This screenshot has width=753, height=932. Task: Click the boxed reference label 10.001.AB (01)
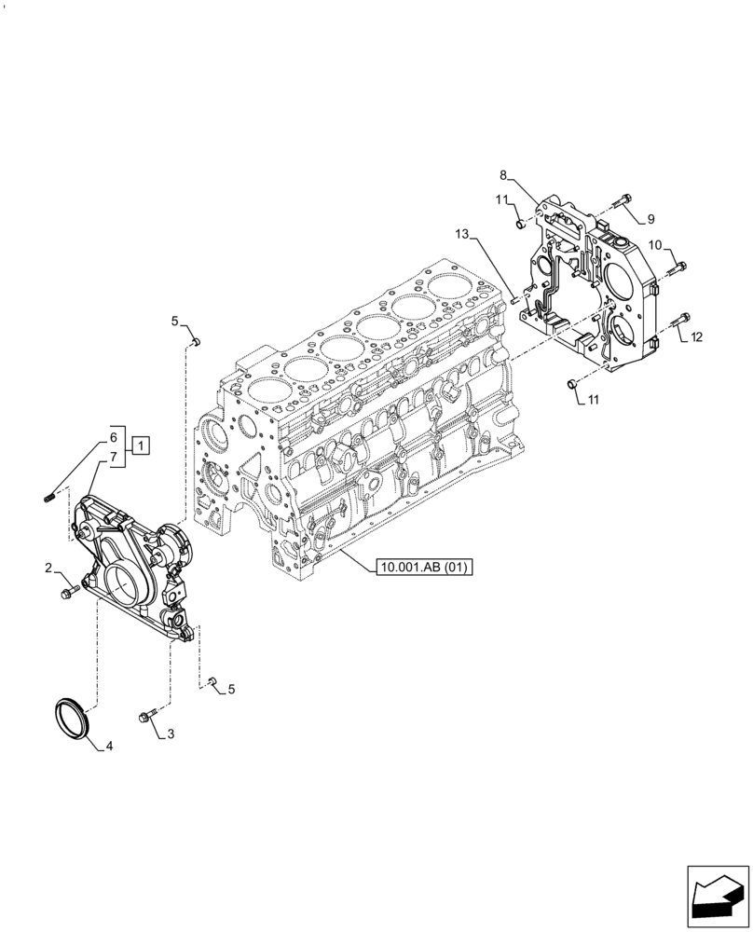tap(425, 567)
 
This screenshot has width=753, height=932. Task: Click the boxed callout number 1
tap(138, 446)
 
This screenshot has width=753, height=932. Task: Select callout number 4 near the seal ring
tap(109, 746)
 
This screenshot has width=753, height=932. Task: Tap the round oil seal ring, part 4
tap(70, 718)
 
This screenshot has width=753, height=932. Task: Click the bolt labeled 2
tap(67, 592)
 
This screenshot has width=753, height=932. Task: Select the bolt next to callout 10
tap(678, 267)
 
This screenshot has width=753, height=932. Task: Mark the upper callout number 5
tap(174, 322)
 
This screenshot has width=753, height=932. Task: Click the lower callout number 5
tap(231, 690)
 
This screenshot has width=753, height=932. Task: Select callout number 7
tap(113, 457)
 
